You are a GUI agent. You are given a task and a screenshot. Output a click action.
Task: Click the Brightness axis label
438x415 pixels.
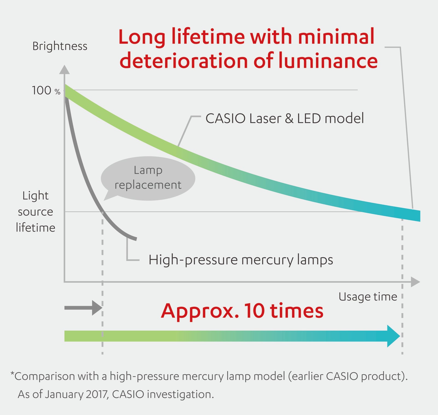[60, 46]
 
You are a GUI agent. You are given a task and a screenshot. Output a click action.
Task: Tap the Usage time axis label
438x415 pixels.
[368, 297]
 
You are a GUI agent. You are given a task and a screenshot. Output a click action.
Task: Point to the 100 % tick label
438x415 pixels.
[46, 90]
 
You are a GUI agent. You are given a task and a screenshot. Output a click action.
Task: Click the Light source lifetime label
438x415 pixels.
[36, 212]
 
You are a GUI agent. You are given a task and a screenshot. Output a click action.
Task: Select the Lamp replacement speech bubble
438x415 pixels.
[148, 178]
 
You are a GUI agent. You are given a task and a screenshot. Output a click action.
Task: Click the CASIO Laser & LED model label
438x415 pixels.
[285, 118]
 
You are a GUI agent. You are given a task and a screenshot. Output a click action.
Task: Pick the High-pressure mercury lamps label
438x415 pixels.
[241, 260]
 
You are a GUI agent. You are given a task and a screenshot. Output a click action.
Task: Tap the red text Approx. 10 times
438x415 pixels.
[242, 311]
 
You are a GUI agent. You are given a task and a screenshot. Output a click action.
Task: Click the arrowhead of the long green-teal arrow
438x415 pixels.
[393, 336]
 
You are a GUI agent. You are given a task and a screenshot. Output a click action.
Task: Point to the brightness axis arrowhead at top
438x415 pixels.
[64, 69]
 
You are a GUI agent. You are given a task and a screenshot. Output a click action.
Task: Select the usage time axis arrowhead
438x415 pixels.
[415, 282]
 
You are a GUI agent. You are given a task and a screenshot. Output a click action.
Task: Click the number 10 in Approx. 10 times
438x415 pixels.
[254, 311]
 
